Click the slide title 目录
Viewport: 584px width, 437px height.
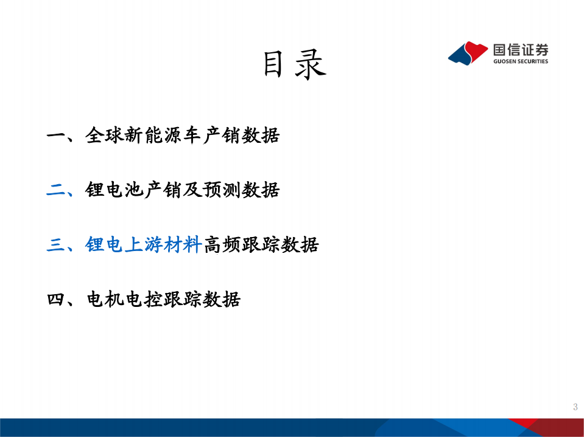[x=295, y=64]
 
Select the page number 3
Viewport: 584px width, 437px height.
[x=575, y=407]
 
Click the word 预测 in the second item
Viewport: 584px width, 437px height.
[x=221, y=190]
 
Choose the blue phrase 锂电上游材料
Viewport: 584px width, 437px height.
[x=143, y=245]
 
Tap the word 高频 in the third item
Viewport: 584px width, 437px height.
[x=221, y=245]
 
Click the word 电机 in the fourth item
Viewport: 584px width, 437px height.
[x=105, y=300]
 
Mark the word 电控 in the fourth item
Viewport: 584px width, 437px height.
[x=143, y=300]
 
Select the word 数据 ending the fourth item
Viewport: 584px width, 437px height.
[x=221, y=300]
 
